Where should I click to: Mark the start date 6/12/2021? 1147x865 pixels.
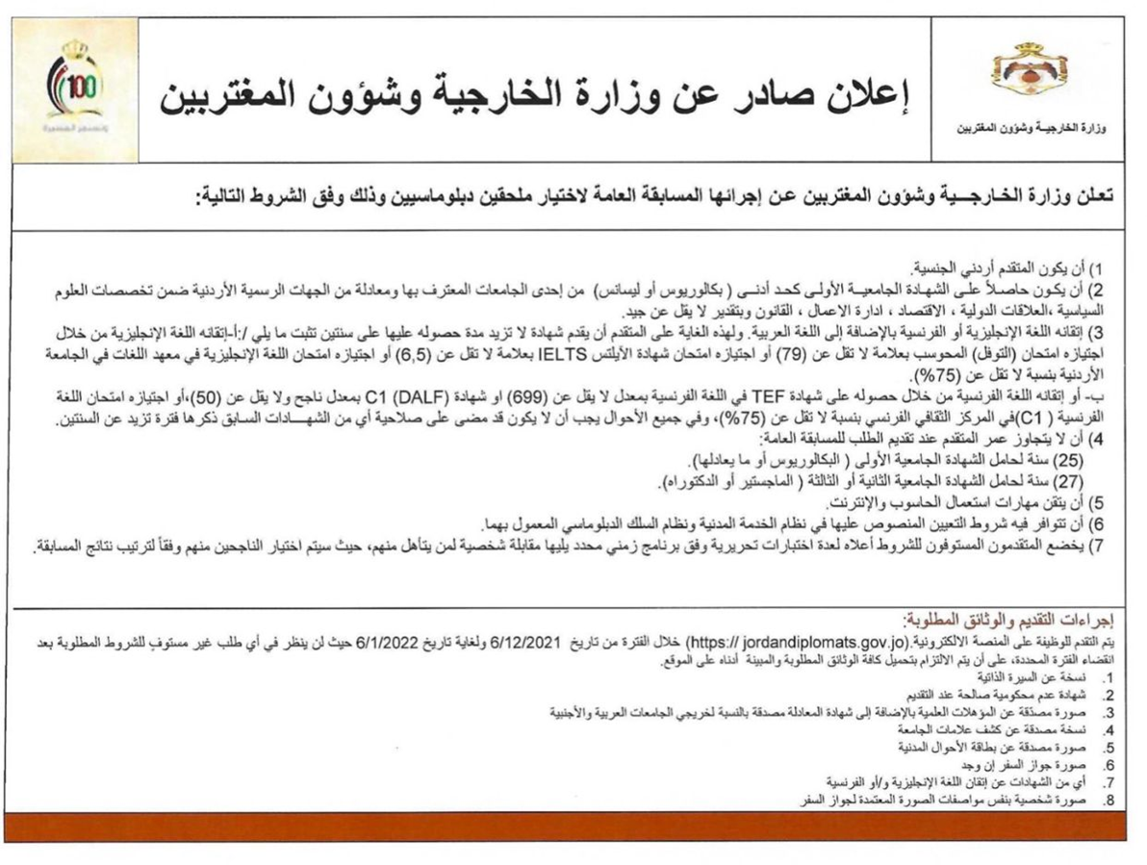point(525,640)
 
